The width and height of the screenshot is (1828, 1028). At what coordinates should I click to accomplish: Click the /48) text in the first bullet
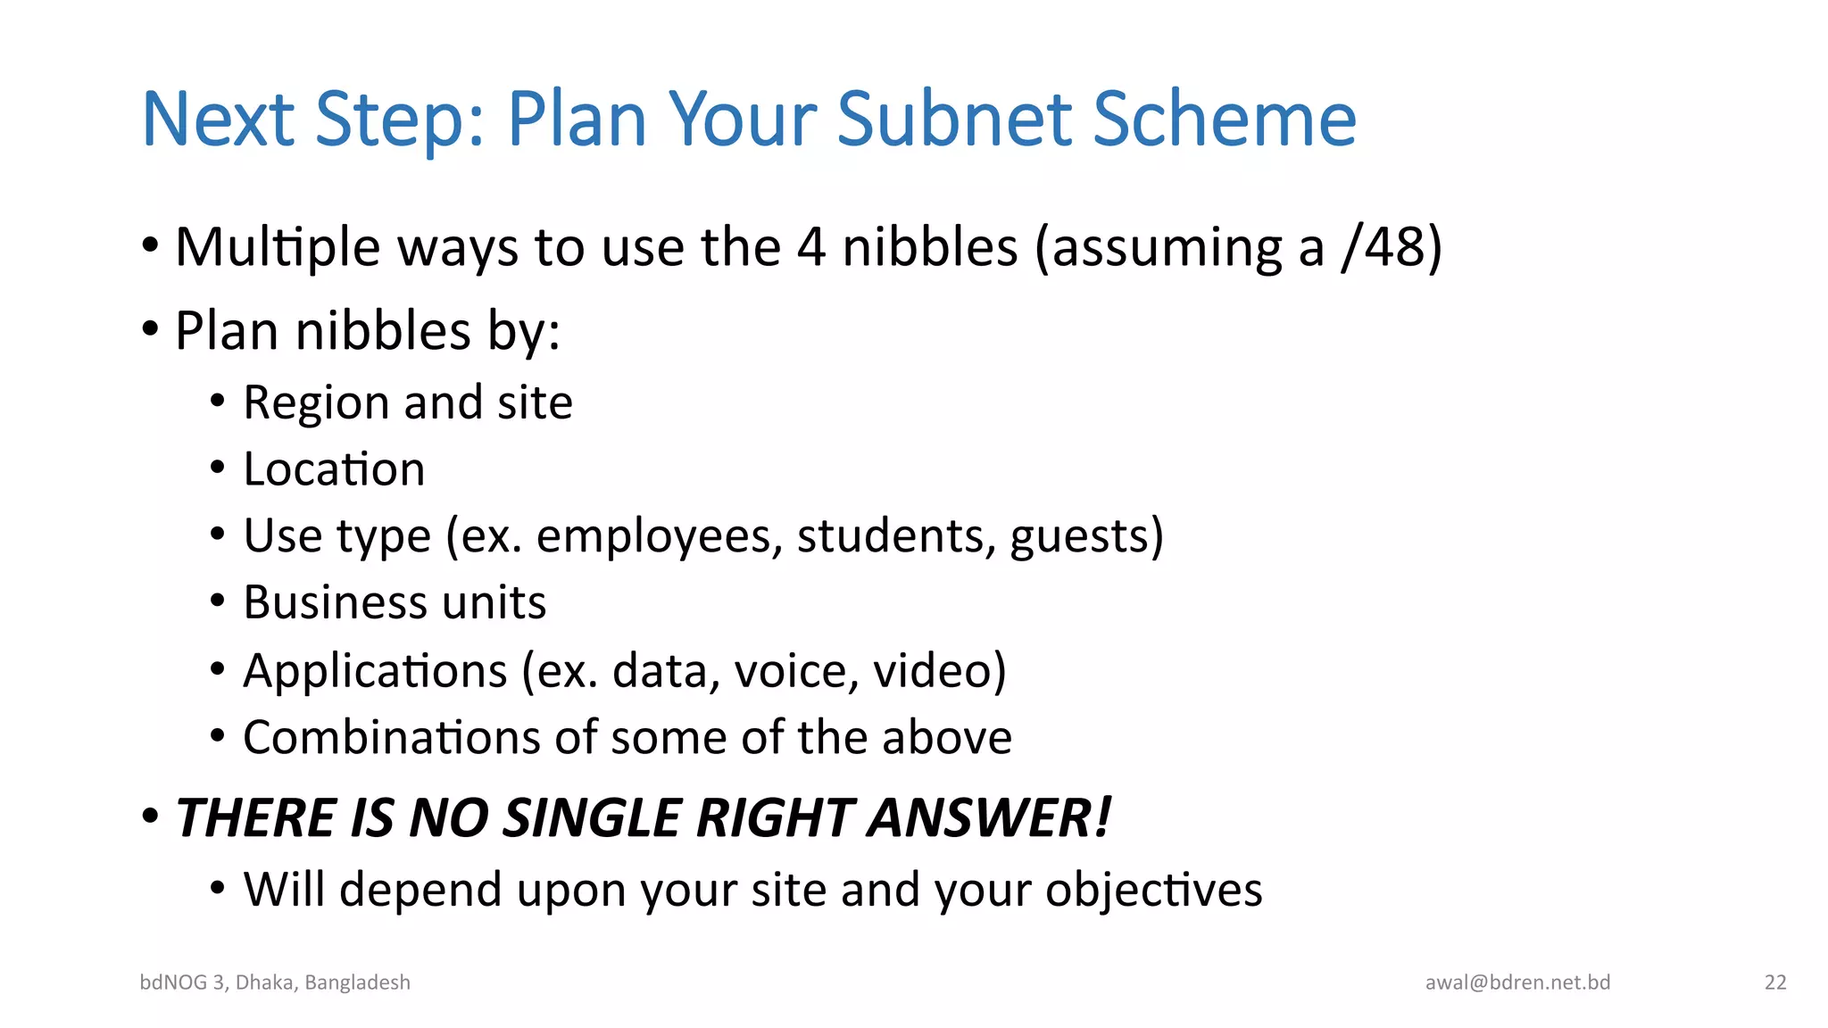coord(1392,247)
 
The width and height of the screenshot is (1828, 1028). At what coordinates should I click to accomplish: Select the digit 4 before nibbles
coord(810,247)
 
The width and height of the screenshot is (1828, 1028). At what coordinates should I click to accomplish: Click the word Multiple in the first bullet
coord(278,247)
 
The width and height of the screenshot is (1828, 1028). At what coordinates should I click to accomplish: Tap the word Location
coord(334,469)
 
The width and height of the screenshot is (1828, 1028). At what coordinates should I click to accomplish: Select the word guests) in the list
coord(1086,536)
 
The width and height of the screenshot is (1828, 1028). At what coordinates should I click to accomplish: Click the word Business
coord(335,602)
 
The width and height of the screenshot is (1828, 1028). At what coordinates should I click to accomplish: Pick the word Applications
coord(375,671)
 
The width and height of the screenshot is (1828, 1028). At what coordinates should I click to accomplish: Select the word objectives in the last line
coord(1153,890)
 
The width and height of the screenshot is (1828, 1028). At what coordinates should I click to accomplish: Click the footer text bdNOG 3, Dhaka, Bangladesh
coord(275,982)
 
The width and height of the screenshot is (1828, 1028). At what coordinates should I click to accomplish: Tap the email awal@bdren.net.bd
coord(1517,982)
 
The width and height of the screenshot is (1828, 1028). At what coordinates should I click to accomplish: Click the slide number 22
coord(1774,982)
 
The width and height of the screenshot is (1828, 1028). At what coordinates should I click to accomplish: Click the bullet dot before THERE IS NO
coord(150,816)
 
